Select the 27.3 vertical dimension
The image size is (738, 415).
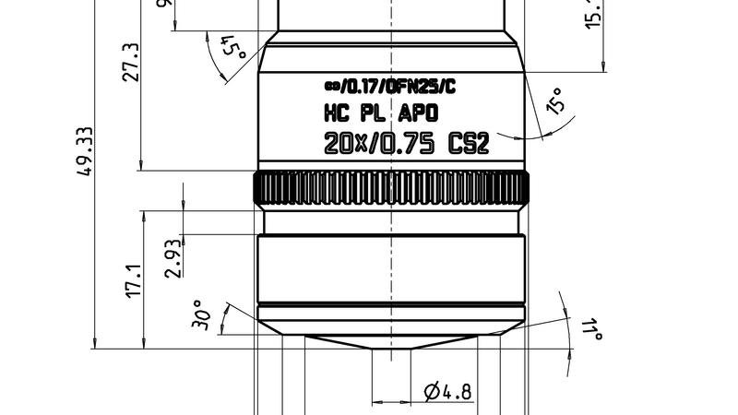(132, 62)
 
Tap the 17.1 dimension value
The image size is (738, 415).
(132, 280)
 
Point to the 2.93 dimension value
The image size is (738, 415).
(173, 257)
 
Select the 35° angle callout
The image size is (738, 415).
(557, 101)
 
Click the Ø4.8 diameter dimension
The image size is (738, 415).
(448, 392)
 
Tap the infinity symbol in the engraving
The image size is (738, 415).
(331, 88)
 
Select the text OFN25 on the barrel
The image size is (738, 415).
(412, 88)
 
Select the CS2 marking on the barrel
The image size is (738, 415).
(467, 145)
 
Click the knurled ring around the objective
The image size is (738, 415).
(393, 189)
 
